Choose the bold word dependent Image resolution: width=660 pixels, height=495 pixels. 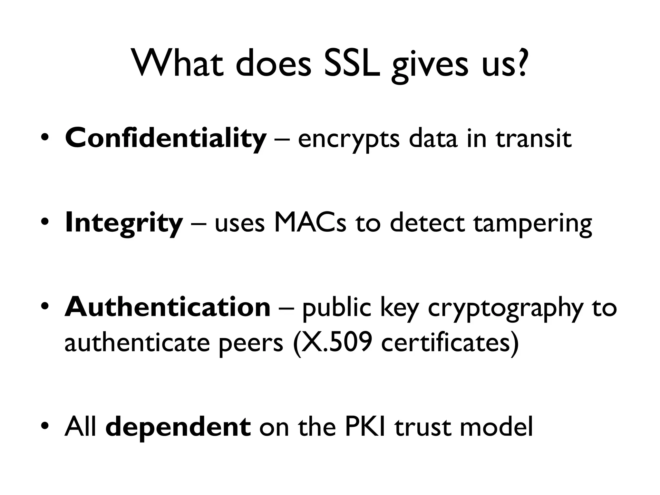coord(178,427)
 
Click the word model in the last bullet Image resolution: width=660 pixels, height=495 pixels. coord(496,427)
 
